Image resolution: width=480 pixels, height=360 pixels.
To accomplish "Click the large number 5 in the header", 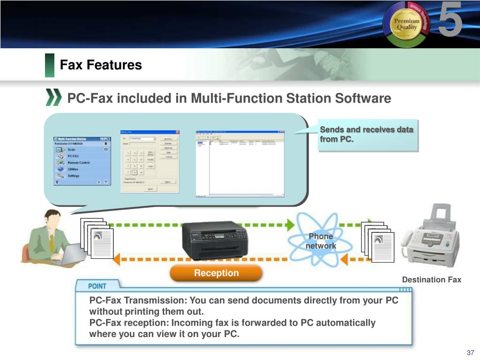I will click(x=450, y=20).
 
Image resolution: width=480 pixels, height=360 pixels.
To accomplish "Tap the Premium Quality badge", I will click(x=405, y=24).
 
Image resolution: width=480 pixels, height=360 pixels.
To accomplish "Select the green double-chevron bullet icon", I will click(x=53, y=97).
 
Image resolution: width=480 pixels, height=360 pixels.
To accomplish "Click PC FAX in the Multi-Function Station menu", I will click(x=73, y=156).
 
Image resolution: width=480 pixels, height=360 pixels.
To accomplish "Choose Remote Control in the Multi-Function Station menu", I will click(x=78, y=162).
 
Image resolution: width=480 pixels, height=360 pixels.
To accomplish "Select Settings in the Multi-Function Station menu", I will click(x=74, y=176).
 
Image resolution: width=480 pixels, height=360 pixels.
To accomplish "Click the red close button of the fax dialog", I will click(x=178, y=132).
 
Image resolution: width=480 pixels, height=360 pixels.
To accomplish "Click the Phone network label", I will click(x=321, y=241).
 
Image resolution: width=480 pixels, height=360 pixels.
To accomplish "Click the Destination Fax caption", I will click(x=431, y=280).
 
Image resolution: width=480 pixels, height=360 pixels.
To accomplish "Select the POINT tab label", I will click(x=97, y=285).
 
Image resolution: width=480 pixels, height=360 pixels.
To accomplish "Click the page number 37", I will click(x=471, y=352).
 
